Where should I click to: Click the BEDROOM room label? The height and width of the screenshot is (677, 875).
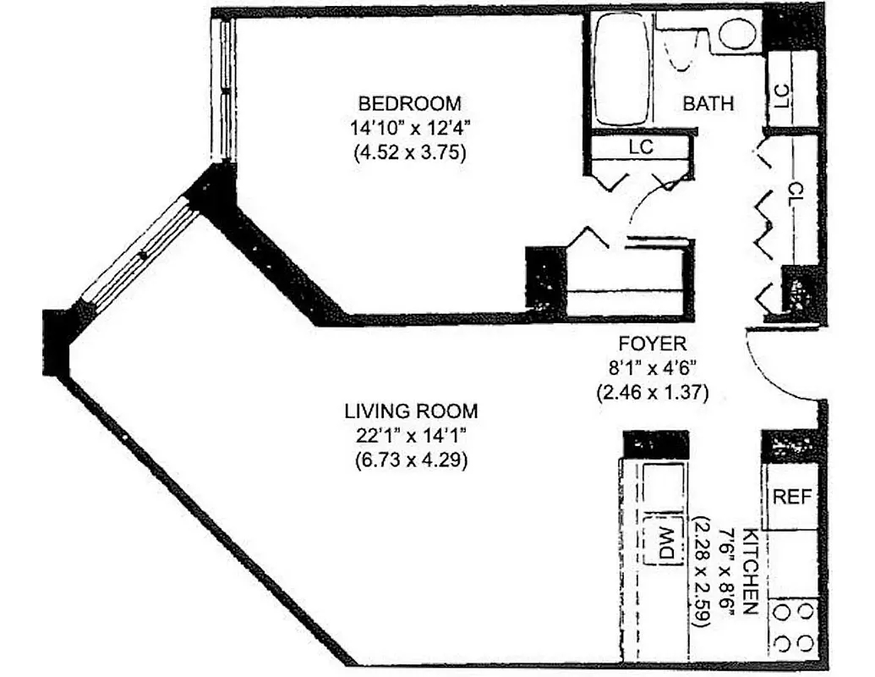point(410,104)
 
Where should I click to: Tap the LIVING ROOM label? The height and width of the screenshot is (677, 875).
point(411,411)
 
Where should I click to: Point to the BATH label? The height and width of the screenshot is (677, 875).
point(708,104)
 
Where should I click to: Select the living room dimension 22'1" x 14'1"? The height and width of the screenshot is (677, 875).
point(411,437)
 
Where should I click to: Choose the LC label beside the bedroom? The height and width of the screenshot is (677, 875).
point(641,146)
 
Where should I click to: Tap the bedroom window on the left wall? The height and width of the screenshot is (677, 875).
point(226,89)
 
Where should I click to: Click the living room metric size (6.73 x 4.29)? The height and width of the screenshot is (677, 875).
point(411,462)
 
